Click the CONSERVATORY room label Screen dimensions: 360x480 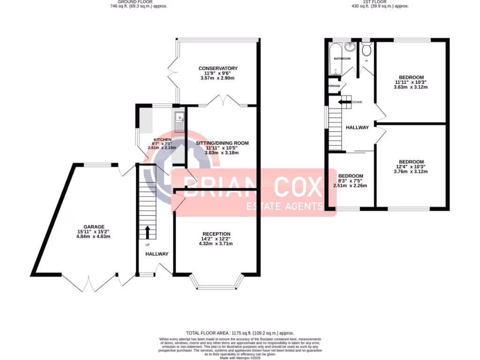coord(217,68)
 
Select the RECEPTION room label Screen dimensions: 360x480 coord(216,234)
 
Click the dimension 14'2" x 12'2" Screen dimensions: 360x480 coord(216,239)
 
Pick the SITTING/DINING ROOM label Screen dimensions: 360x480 coord(223,143)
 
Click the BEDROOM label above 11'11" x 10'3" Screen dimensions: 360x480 coord(411,77)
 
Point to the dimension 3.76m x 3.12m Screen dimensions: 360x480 coord(411,172)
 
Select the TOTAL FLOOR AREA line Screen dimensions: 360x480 coord(240,332)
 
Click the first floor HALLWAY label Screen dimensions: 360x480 coord(357,127)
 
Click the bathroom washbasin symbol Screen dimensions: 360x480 coord(349,46)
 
